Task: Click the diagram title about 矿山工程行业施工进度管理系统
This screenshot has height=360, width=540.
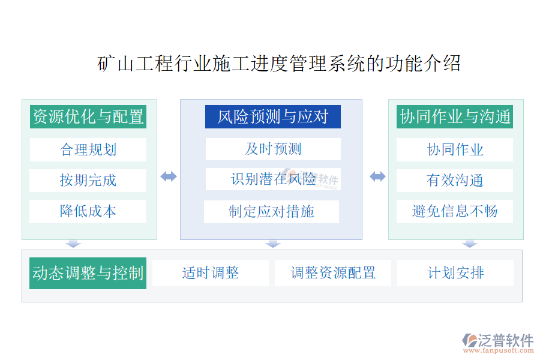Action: point(280,64)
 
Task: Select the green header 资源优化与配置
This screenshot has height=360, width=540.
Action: point(88,116)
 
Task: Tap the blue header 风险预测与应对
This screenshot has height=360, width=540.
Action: point(273,116)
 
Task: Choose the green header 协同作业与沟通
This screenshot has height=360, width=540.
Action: point(455,116)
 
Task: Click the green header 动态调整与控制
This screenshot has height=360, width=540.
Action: point(88,273)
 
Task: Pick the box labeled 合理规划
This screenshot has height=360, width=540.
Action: point(88,149)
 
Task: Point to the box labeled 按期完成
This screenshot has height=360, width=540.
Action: point(88,180)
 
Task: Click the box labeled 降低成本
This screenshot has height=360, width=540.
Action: point(88,211)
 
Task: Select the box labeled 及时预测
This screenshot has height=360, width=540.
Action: point(273,149)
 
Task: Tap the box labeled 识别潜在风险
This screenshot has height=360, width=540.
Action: point(273,179)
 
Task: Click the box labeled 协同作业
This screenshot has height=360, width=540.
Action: point(455,149)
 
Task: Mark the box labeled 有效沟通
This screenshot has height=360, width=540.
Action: point(455,180)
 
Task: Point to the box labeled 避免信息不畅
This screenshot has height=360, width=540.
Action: point(455,211)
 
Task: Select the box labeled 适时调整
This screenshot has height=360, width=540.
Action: point(211,273)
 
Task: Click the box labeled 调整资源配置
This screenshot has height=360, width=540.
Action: point(333,273)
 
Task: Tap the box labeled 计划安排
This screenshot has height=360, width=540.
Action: point(455,273)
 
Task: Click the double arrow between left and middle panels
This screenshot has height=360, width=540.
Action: point(169,176)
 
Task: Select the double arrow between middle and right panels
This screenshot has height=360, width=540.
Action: point(377,176)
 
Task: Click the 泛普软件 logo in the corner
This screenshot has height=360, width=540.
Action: point(497,342)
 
